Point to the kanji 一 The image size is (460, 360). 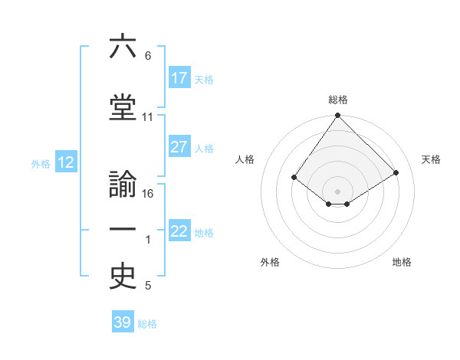123,230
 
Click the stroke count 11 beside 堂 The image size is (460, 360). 148,117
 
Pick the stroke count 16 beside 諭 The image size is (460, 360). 149,193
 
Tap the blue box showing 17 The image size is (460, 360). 179,78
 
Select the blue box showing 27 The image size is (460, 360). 179,148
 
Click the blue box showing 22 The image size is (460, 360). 179,231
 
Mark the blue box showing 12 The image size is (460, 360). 66,162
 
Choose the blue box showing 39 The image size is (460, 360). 123,322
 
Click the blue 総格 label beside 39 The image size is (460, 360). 147,324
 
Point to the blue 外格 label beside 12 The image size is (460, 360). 41,163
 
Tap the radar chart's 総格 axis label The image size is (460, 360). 337,100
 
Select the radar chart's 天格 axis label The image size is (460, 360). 431,159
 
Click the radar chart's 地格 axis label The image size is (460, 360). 402,262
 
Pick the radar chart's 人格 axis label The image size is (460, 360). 245,159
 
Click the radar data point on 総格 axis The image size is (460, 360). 337,116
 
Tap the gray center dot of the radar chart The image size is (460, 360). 337,191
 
